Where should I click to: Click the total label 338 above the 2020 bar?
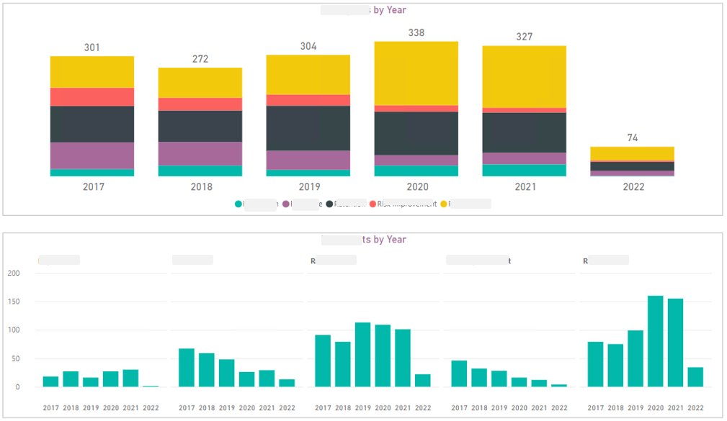pyautogui.click(x=416, y=32)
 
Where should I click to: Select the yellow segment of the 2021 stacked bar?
pyautogui.click(x=524, y=77)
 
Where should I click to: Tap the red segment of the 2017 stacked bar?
pyautogui.click(x=92, y=97)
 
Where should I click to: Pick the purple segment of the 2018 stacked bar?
pyautogui.click(x=200, y=153)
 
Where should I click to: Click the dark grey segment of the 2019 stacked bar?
pyautogui.click(x=308, y=128)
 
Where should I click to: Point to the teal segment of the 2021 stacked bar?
pyautogui.click(x=524, y=170)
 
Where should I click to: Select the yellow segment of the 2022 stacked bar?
pyautogui.click(x=632, y=153)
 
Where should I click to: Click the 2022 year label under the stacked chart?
pyautogui.click(x=633, y=186)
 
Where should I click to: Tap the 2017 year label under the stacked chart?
pyautogui.click(x=93, y=186)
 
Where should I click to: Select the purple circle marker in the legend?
pyautogui.click(x=285, y=204)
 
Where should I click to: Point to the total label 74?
pyautogui.click(x=632, y=137)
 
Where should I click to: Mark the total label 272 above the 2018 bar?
pyautogui.click(x=200, y=58)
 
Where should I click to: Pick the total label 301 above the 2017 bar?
pyautogui.click(x=92, y=47)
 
